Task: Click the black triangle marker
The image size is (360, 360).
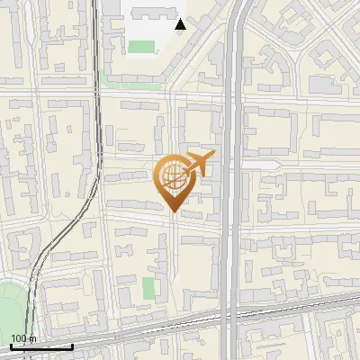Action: coord(181,24)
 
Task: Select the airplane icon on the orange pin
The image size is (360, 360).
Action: coord(198,164)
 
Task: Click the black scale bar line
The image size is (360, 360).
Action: coord(40,346)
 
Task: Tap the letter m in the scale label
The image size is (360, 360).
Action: coord(33,339)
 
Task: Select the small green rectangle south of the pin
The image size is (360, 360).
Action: coord(148,289)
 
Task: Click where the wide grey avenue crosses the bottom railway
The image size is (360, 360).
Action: coord(232,312)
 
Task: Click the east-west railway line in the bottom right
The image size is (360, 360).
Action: coord(306,301)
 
